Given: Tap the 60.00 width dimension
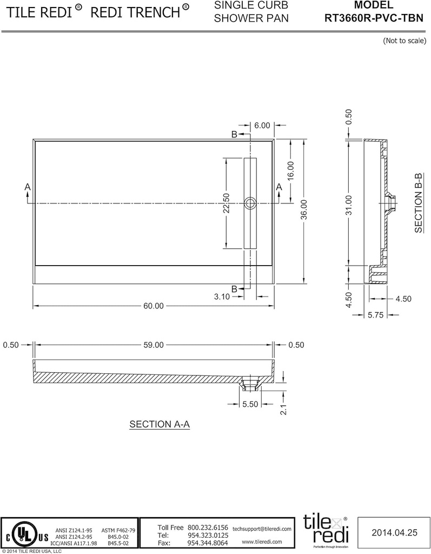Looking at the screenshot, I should point(153,306).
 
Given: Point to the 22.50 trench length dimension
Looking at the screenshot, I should point(226,203).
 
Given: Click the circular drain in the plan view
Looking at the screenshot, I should point(250,203).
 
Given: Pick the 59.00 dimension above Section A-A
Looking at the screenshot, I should point(153,345).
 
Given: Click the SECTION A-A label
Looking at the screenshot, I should point(160,424).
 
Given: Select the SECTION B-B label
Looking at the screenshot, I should point(419,203).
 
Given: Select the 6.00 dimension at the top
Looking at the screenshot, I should point(262,125).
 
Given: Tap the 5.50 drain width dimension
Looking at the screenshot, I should point(250,404).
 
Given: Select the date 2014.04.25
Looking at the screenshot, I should point(395,532).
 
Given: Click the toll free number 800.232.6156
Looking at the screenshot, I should point(208,527).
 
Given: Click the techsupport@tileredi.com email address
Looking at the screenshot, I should point(262,528).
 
